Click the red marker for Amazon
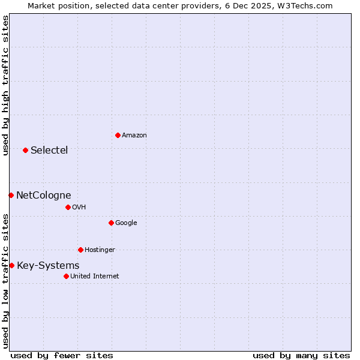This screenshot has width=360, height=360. click(x=118, y=135)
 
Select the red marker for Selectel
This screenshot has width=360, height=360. click(x=25, y=150)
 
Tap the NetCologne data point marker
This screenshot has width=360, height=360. click(x=11, y=195)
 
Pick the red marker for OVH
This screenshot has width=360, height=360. click(x=68, y=207)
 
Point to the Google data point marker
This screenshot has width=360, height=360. click(x=111, y=223)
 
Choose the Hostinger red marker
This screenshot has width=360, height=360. click(x=80, y=250)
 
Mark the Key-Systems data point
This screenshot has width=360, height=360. click(x=11, y=265)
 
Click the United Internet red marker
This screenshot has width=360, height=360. click(x=66, y=276)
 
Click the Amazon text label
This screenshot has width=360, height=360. click(x=134, y=136)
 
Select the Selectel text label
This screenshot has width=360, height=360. click(x=49, y=150)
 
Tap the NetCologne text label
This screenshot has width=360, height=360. click(x=43, y=195)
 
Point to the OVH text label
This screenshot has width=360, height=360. click(x=79, y=208)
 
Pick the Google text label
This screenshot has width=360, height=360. click(x=126, y=223)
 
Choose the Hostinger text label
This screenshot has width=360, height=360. click(x=100, y=250)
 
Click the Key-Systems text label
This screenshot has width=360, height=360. click(x=48, y=265)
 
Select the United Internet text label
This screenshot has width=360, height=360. click(x=95, y=277)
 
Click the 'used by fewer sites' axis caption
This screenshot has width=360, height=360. click(x=62, y=355)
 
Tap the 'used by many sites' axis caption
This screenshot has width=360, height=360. click(x=301, y=355)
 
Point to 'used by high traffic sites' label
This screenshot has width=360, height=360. click(x=5, y=85)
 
